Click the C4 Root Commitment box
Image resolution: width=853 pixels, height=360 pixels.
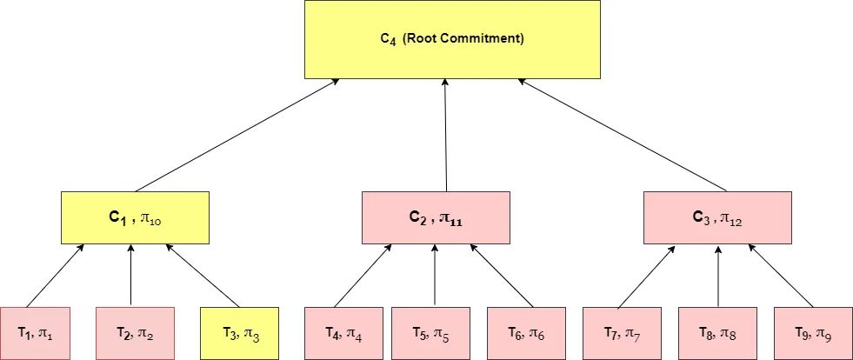point(452,39)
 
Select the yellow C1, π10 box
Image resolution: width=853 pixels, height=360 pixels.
point(135,217)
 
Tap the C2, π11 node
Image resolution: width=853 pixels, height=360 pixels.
point(436,217)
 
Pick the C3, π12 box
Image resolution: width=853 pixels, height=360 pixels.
point(717,217)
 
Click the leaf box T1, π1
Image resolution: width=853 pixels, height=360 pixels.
point(39,333)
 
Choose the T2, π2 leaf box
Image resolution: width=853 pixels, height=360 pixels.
point(135,333)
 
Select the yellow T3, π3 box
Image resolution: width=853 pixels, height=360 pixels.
point(239,333)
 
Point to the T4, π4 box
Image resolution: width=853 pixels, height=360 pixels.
point(343,333)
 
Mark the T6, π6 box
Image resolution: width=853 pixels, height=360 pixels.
point(526,333)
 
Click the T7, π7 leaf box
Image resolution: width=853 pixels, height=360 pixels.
point(622,333)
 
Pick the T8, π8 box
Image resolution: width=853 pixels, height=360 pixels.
point(717,333)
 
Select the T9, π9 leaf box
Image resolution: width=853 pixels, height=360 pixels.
point(813,333)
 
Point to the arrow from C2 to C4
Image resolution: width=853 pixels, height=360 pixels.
point(445,135)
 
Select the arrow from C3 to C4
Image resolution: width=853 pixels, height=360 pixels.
point(623,135)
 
